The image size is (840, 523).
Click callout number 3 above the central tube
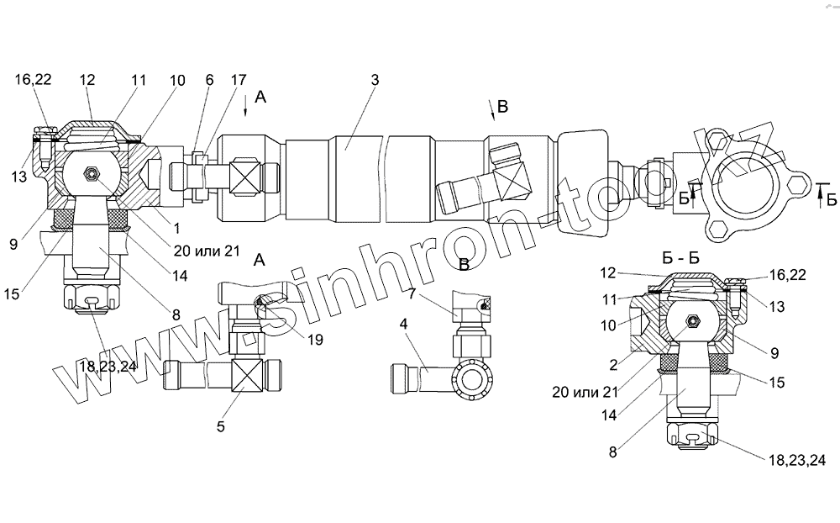(375, 80)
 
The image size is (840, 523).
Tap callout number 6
(209, 81)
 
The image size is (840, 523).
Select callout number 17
(239, 81)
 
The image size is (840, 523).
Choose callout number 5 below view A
(221, 426)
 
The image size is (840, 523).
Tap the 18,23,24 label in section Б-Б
(795, 460)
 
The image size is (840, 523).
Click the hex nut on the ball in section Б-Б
(695, 320)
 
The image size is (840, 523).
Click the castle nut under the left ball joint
(89, 298)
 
